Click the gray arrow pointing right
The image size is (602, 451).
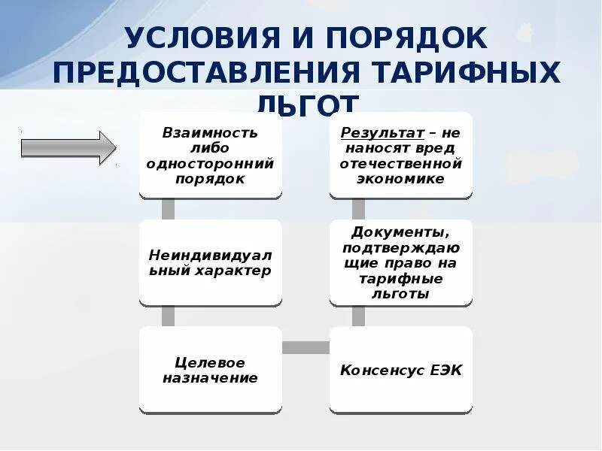(67, 145)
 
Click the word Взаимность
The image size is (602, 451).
(211, 132)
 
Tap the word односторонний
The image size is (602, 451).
(211, 163)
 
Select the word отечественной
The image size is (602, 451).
(401, 163)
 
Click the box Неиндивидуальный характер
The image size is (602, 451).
(211, 262)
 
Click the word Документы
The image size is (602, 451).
(401, 232)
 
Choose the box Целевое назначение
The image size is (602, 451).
(211, 370)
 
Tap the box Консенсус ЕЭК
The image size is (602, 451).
(401, 370)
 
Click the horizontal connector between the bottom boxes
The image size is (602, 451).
(306, 347)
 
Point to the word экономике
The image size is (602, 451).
(401, 178)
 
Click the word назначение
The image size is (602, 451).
(211, 378)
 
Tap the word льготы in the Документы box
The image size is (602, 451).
(401, 293)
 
